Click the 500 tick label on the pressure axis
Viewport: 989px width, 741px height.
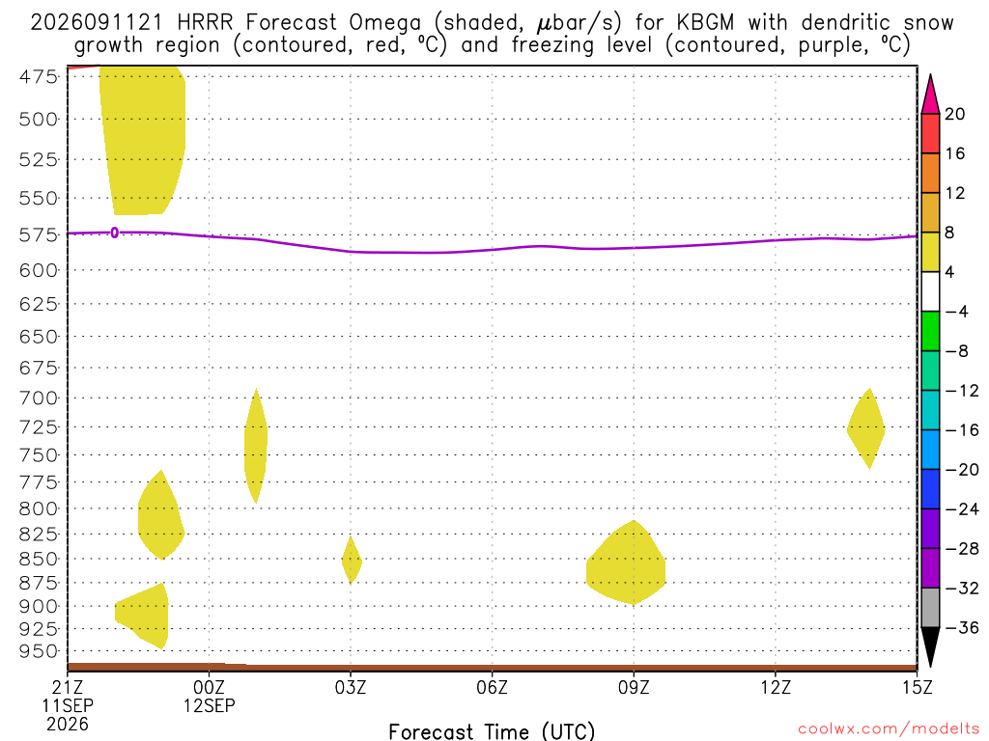(39, 119)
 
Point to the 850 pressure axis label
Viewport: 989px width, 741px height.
(39, 559)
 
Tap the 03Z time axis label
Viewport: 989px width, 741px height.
(351, 687)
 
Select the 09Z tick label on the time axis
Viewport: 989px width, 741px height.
(634, 687)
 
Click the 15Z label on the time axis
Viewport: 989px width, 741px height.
(917, 687)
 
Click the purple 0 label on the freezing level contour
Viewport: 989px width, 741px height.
(114, 233)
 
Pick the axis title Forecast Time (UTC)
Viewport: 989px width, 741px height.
(492, 731)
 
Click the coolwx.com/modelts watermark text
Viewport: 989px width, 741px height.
(889, 729)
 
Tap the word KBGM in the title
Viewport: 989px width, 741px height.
(705, 23)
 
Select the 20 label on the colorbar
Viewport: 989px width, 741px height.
(955, 114)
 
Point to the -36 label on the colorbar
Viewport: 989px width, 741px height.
(962, 627)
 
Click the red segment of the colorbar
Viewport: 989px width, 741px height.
(930, 133)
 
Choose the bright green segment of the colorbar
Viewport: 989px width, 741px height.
(930, 331)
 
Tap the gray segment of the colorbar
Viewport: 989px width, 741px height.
(930, 608)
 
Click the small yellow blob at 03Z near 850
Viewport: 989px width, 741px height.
(352, 561)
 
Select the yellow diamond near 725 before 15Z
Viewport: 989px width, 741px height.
(866, 429)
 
